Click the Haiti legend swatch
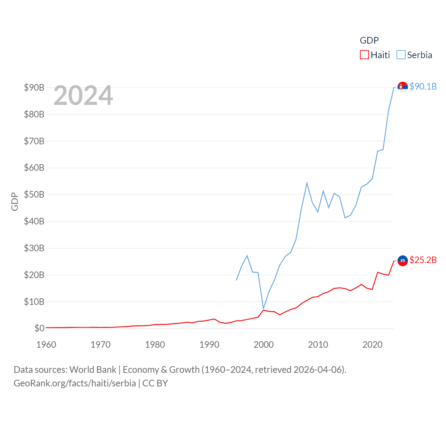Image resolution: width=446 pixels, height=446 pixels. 364,55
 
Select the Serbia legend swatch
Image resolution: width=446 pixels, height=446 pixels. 401,55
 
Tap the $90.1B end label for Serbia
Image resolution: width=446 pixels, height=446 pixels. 423,86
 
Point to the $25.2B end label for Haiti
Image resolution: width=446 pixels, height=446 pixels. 423,260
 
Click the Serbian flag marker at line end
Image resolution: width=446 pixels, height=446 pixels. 402,87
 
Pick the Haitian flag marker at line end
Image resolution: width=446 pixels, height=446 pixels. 402,261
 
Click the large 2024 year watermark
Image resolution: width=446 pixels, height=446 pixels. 83,95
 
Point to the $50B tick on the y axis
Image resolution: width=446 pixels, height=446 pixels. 34,194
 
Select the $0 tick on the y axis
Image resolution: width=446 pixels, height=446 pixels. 39,328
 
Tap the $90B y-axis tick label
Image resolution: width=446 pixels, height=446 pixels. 34,87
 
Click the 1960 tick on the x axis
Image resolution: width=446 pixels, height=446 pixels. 46,345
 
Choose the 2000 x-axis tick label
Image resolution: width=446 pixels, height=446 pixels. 264,345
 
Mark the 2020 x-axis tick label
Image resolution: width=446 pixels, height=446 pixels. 372,345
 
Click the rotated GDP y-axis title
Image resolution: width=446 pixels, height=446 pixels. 15,201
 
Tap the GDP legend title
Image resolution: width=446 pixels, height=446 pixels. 369,40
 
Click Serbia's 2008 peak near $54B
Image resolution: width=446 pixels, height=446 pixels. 307,183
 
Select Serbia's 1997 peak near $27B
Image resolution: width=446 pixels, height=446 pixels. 247,256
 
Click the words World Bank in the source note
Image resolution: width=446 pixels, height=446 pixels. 93,369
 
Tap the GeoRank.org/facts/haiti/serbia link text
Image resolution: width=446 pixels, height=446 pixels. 75,383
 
